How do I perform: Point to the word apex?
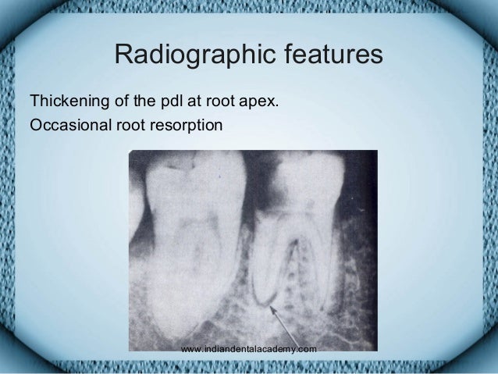[262, 102]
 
